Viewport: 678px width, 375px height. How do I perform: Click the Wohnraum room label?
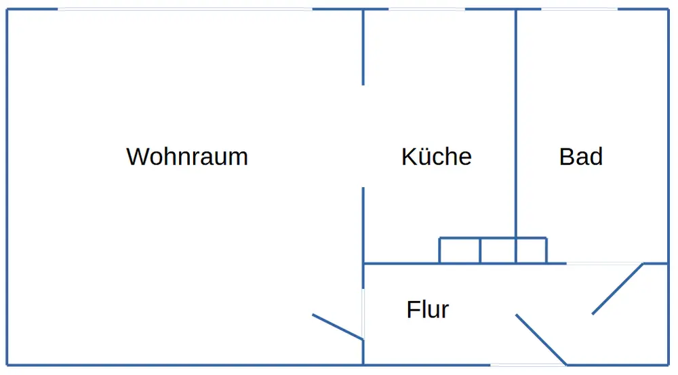pos(187,157)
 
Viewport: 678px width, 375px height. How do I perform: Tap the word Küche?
pos(436,157)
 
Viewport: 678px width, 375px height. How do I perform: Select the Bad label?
pos(581,157)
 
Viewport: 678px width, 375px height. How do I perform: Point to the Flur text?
pos(428,310)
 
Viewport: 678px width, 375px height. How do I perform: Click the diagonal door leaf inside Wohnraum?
pos(338,326)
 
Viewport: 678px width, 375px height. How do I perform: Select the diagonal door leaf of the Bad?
pos(618,289)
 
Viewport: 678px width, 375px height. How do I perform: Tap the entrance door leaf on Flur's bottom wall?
pos(541,340)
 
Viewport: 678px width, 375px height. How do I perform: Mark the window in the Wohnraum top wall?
pos(184,9)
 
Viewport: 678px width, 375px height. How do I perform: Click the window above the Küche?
pos(427,9)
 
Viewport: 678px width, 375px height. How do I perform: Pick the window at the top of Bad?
pos(580,9)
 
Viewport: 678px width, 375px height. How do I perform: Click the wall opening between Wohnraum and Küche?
pos(363,136)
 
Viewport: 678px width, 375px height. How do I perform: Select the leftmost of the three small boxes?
pos(460,250)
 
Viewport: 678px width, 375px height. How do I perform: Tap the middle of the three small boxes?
pos(498,250)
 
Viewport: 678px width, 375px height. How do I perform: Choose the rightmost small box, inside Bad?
pos(532,250)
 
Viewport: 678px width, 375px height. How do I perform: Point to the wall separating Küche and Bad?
pos(516,122)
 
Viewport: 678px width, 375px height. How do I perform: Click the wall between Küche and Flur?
pos(400,263)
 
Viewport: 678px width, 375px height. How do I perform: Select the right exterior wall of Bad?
pos(669,136)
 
